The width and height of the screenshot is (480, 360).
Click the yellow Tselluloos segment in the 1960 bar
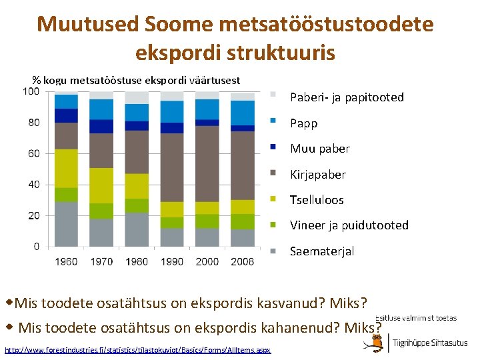(66, 168)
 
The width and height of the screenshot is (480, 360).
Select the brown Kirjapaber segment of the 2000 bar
(207, 163)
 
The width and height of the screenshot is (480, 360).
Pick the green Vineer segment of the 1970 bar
(101, 211)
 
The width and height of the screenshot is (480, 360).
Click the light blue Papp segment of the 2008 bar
(242, 112)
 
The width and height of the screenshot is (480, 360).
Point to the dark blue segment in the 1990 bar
(172, 128)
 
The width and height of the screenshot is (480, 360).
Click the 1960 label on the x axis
(66, 261)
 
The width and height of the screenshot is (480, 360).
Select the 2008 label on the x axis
(242, 261)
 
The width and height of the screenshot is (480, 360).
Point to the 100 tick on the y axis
(31, 91)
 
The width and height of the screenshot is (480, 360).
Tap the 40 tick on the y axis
(33, 185)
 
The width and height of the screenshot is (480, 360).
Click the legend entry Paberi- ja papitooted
(347, 97)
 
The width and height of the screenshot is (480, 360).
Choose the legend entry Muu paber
(319, 149)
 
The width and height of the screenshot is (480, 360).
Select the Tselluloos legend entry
(317, 200)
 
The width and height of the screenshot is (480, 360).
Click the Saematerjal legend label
(321, 251)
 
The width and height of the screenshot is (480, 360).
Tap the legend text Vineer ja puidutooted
(349, 225)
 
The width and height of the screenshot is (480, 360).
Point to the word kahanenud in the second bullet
(299, 327)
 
